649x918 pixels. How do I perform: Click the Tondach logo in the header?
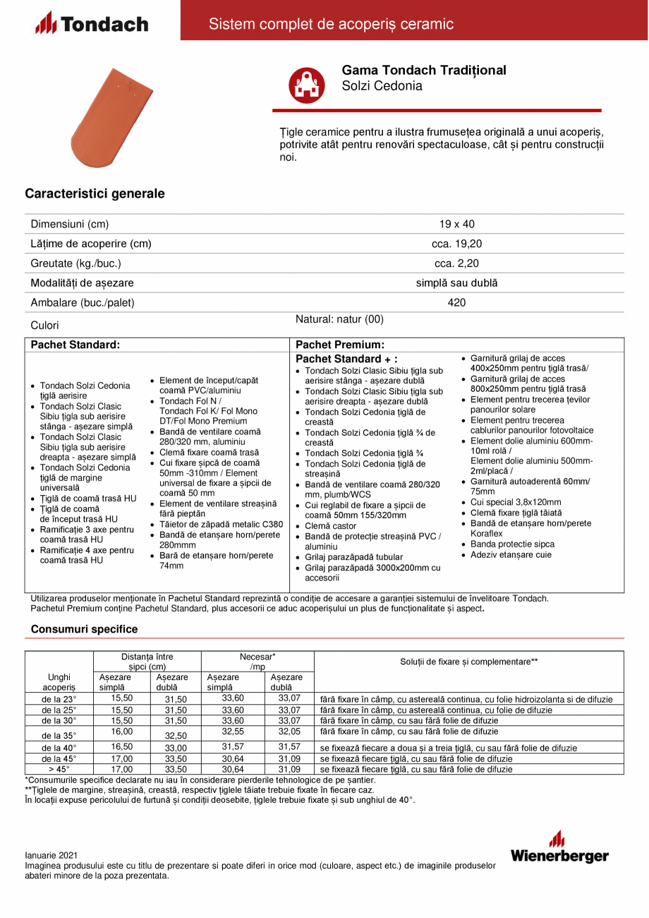coord(92,24)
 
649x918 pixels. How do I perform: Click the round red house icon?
coord(305,85)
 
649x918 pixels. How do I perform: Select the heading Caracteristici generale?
coord(95,193)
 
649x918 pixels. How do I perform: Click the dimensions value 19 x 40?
coord(456,224)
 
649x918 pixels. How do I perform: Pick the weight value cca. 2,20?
coord(456,263)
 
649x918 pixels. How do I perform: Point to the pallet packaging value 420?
coord(456,303)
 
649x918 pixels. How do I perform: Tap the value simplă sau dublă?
coord(456,283)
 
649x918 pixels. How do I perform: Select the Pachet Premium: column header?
coord(339,345)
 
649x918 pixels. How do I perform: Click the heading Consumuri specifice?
coord(85,629)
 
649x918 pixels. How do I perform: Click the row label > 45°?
coord(59,769)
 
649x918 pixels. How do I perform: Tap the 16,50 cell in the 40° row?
coord(122,746)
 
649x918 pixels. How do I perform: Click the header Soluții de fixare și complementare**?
coord(469,662)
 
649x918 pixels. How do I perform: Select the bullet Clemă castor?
coord(331,526)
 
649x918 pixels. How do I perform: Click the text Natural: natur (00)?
coord(339,319)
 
